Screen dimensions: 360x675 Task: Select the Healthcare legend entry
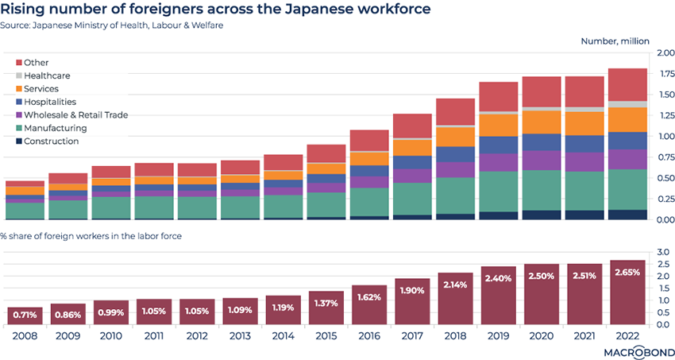[47, 75]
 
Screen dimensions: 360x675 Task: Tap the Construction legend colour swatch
[18, 141]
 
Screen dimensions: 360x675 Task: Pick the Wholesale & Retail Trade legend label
[75, 115]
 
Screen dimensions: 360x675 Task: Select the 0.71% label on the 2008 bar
[24, 315]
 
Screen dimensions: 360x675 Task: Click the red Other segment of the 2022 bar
[627, 84]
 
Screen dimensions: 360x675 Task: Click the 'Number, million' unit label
[615, 41]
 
